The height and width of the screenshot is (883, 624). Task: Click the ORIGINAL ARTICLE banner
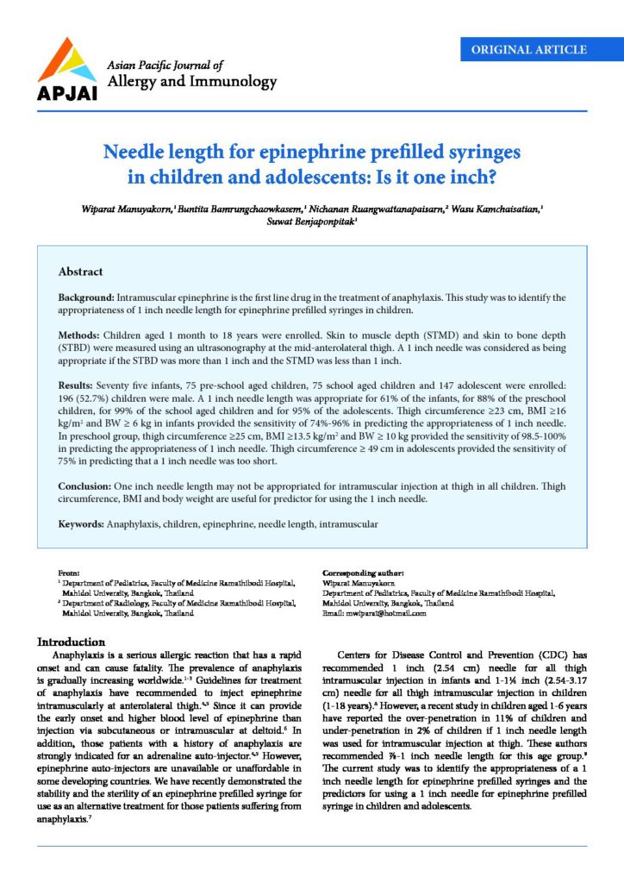(x=529, y=50)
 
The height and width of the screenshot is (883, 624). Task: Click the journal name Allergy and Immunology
(x=190, y=82)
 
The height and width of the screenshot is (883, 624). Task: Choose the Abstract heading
(x=80, y=272)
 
